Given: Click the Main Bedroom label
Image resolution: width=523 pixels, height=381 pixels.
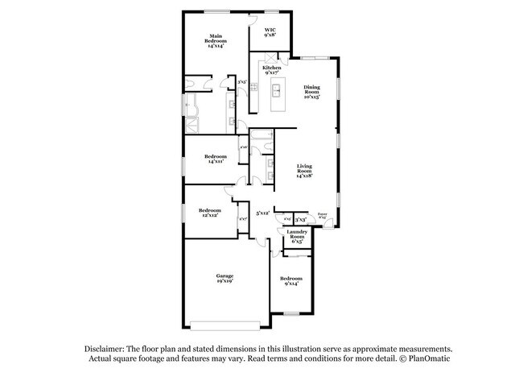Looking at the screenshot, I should point(216,40).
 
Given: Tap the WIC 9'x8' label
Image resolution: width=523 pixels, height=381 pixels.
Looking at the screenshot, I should point(270,32).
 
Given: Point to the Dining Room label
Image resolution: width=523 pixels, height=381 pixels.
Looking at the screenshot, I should point(311,92).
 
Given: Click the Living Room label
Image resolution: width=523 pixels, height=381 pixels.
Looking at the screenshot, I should point(304,171).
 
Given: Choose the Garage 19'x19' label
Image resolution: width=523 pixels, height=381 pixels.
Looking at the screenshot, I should point(224,278).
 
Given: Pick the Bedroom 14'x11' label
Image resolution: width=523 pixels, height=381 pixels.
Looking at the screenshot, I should point(215,159).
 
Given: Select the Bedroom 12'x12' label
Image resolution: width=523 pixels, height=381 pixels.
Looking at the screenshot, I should point(210,213).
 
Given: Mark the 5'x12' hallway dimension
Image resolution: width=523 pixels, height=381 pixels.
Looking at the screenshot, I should point(261,213).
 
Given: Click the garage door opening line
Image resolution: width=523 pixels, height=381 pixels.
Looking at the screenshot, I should point(225,325).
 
